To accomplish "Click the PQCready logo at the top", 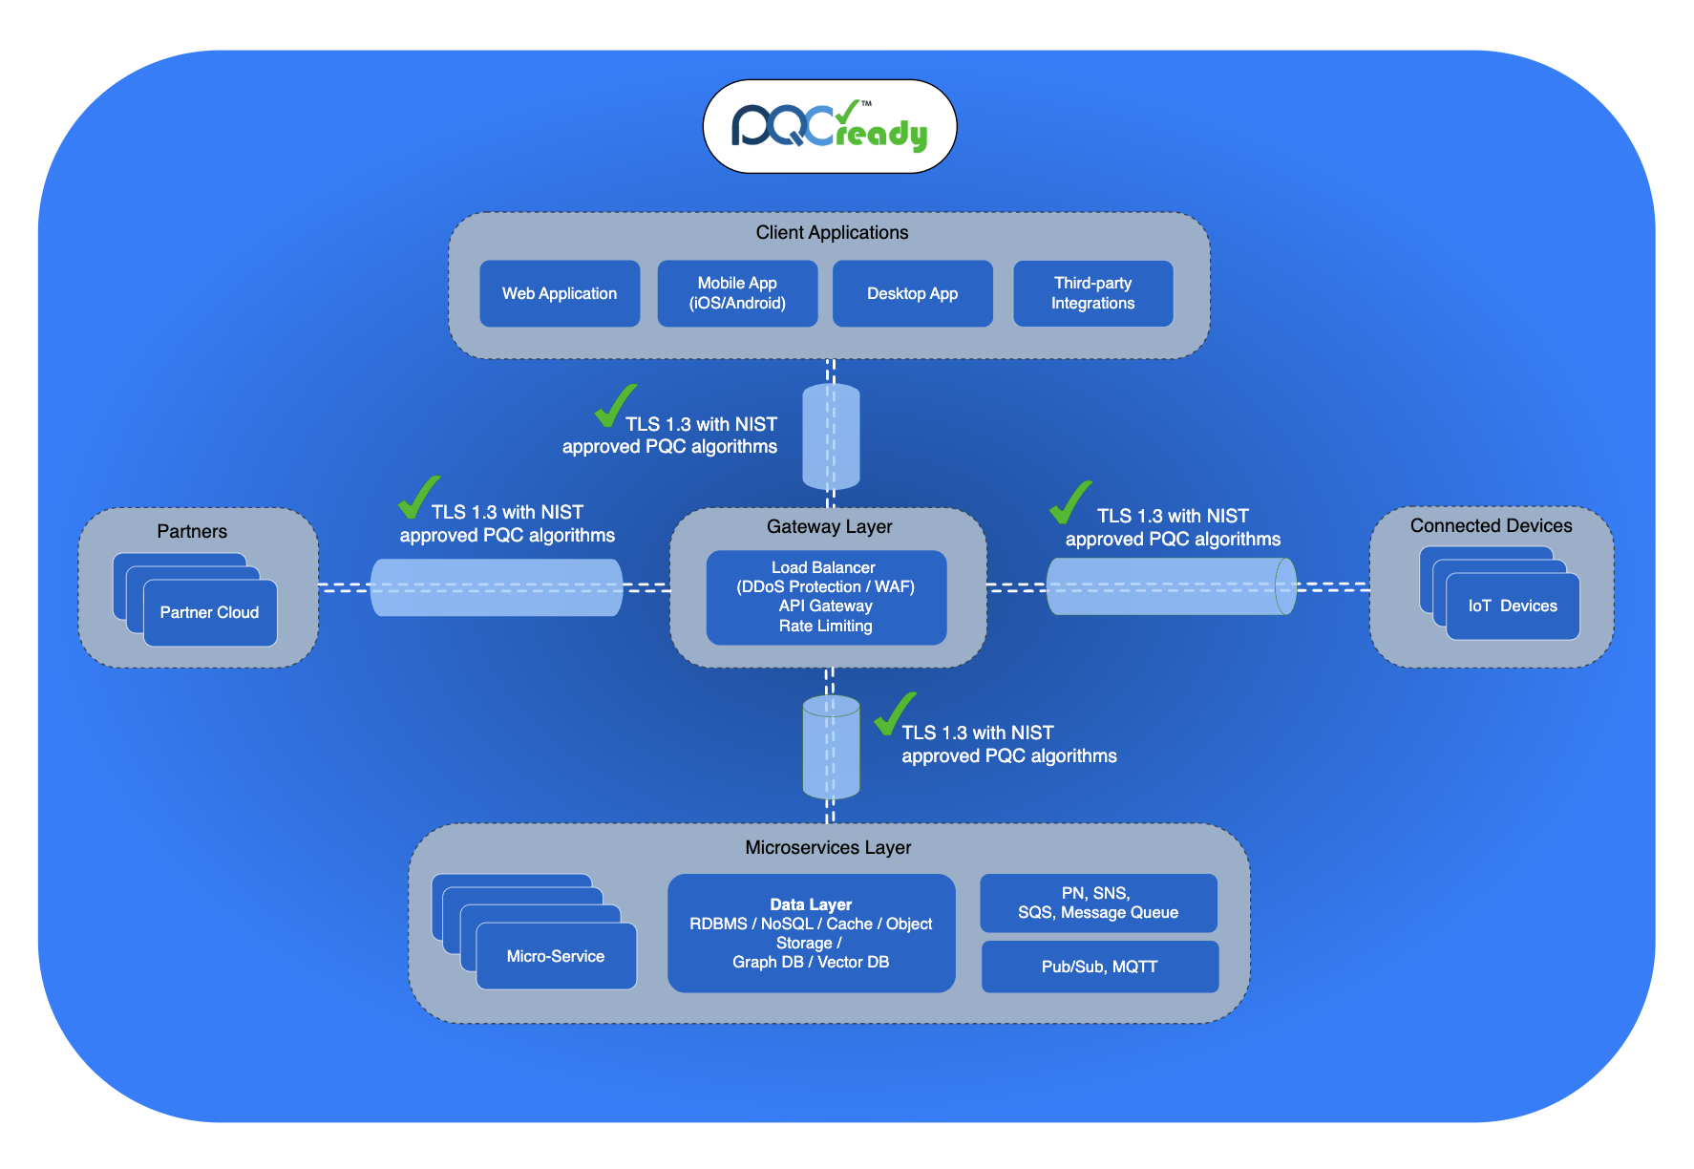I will (829, 126).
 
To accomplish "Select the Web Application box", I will (560, 293).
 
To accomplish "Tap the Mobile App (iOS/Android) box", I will (737, 293).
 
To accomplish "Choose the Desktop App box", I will (912, 293).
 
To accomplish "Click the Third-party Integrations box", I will (1092, 293).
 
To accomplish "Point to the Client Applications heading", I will (832, 232).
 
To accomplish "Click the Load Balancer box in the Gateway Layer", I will (826, 597).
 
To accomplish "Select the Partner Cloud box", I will (210, 613).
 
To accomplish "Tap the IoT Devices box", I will (1513, 606).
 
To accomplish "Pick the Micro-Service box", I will (556, 956).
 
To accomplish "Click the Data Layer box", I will (811, 933).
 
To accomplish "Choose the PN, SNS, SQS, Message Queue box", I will (1098, 903).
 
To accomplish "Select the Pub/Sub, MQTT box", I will (1099, 967).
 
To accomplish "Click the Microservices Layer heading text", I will (828, 847).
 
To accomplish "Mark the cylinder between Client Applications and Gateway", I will (831, 436).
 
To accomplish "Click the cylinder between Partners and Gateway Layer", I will (497, 587).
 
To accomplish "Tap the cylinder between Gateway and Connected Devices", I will (1171, 585).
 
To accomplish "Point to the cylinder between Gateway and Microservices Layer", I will (831, 747).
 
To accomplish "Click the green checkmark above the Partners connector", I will (418, 497).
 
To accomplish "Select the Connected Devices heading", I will (1491, 525).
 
